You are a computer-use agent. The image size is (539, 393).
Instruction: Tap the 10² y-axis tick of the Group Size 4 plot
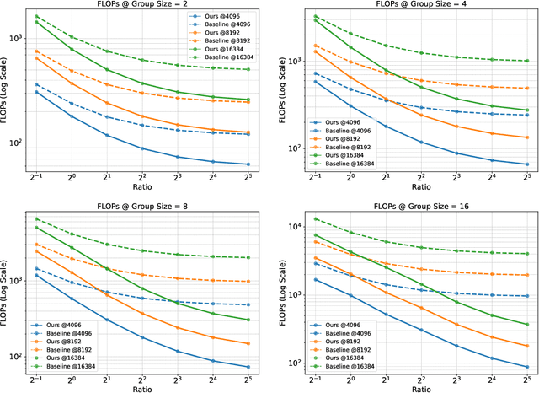tap(286, 148)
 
